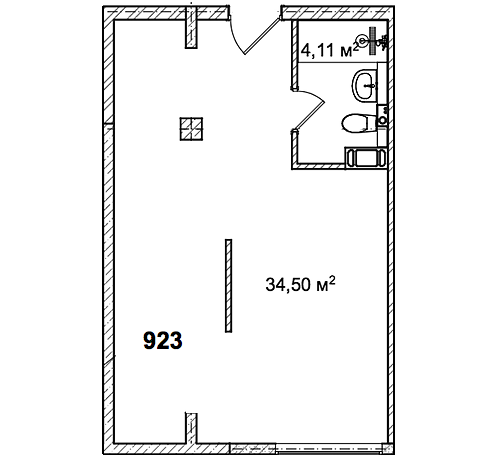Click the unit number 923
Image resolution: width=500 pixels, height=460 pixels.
pos(163,340)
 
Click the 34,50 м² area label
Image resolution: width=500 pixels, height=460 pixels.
pos(300,284)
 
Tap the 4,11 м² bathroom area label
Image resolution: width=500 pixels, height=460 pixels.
pos(329,50)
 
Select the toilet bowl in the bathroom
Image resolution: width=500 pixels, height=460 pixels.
pos(355,123)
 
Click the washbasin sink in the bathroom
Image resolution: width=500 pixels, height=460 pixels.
pos(364,85)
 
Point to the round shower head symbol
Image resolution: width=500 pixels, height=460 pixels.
pos(362,40)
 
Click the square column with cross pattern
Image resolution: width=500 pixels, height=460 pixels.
pos(191,129)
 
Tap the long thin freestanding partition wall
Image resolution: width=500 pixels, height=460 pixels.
pos(228,286)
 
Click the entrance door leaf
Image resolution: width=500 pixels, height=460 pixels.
pos(262,36)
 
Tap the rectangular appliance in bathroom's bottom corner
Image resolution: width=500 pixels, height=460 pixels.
pos(366,157)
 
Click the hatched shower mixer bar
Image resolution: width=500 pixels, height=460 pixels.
pos(372,41)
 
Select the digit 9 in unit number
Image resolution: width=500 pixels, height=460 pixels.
pos(150,340)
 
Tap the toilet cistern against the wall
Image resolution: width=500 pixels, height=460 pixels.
pos(372,123)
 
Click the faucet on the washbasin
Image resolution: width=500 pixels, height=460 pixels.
pos(372,86)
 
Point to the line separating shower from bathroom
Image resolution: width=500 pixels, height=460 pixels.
pos(342,62)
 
